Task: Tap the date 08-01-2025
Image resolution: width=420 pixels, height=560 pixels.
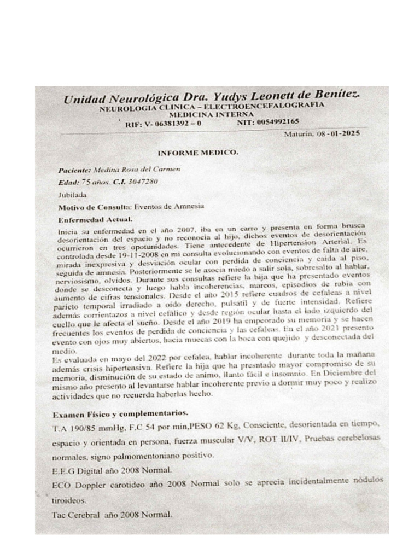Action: (335, 132)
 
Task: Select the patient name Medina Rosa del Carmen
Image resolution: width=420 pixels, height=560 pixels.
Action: (137, 170)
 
